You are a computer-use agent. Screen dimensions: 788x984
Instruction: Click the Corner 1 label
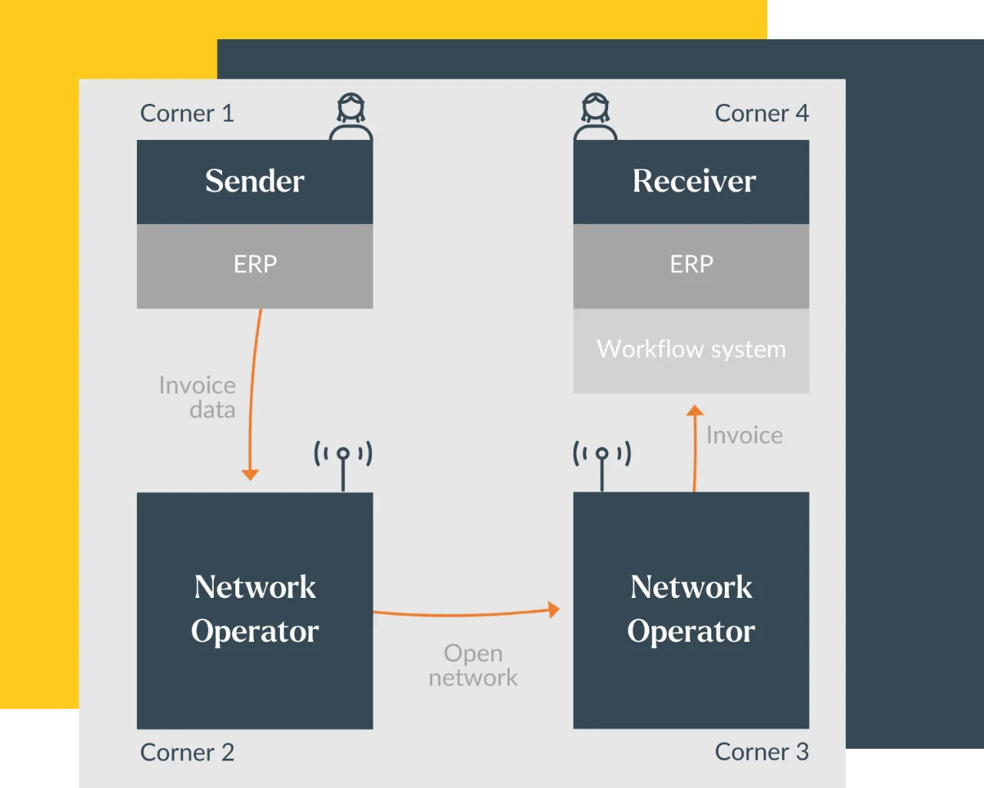click(187, 113)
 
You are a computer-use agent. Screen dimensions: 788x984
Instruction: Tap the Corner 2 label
click(187, 752)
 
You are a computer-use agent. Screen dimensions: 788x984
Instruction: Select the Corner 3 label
click(761, 752)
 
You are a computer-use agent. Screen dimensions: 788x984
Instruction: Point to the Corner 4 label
click(761, 113)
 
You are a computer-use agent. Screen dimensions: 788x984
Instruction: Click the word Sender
click(254, 181)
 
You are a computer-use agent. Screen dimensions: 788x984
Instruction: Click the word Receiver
click(693, 181)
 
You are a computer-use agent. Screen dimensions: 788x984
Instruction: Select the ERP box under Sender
click(254, 265)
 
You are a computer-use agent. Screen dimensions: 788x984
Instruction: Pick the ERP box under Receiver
click(691, 265)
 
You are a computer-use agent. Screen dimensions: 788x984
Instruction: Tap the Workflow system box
click(691, 350)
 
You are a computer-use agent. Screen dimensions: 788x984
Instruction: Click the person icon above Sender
click(351, 117)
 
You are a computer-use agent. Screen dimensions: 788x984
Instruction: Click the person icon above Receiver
click(595, 117)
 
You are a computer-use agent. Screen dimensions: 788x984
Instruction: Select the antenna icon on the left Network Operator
click(343, 462)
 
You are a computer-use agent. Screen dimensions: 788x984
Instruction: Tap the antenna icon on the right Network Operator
click(602, 462)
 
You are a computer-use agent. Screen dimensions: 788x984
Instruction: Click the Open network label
click(473, 666)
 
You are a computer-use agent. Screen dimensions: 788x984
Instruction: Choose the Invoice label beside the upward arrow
click(744, 436)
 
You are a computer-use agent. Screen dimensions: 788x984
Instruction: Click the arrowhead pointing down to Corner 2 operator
click(250, 474)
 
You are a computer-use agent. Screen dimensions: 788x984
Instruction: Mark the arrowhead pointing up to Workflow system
click(695, 411)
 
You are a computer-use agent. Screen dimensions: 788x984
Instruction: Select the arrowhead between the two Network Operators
click(553, 609)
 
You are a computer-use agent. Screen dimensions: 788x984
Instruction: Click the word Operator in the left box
click(254, 631)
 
